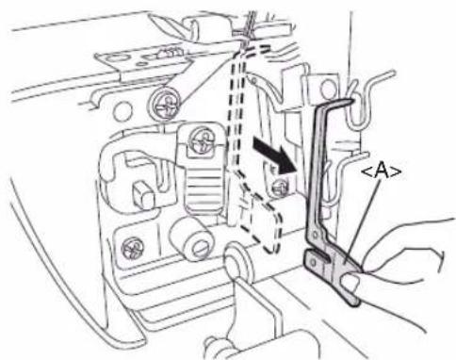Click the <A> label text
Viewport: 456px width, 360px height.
point(382,172)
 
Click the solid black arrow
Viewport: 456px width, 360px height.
point(274,155)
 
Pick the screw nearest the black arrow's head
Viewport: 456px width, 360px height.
point(279,187)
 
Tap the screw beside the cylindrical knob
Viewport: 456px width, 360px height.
point(133,248)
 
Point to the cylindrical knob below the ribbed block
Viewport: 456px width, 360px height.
point(192,239)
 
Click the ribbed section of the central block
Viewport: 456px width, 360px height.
point(203,187)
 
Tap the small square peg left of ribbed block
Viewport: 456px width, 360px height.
point(143,196)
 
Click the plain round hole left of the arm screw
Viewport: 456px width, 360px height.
point(122,112)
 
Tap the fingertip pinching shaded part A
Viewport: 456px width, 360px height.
point(352,281)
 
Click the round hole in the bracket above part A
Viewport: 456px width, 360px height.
point(328,88)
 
